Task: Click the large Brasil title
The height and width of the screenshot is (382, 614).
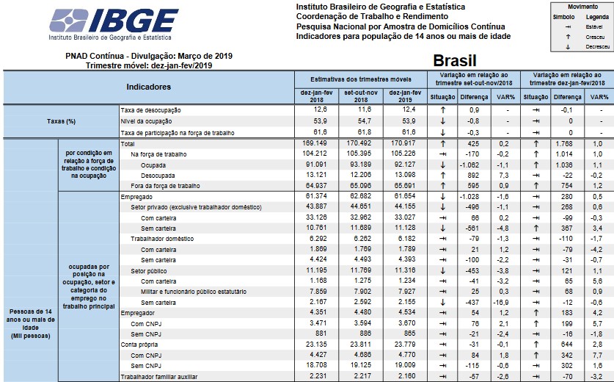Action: click(x=456, y=60)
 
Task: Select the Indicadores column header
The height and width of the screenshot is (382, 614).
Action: click(x=149, y=87)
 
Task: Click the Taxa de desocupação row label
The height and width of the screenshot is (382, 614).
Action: click(x=150, y=110)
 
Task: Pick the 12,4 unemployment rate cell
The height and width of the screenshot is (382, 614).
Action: click(x=406, y=110)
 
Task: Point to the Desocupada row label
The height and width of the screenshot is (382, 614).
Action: click(x=158, y=176)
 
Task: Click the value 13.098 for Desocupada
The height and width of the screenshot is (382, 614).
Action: click(x=406, y=176)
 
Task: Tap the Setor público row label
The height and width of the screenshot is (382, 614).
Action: click(x=147, y=271)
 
